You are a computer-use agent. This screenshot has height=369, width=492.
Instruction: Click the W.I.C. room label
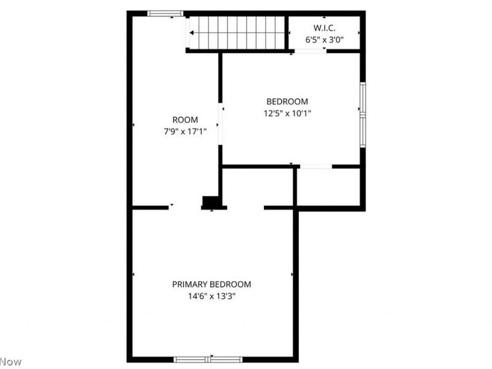tap(324, 28)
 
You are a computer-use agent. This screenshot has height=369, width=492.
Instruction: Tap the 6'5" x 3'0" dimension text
tap(324, 40)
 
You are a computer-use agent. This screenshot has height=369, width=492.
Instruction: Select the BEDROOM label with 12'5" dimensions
tap(287, 101)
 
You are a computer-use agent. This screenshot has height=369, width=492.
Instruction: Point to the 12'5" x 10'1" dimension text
tap(287, 113)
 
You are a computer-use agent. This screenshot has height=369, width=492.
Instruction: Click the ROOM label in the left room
tap(185, 120)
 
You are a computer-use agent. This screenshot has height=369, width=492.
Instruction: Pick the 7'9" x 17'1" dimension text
tap(185, 132)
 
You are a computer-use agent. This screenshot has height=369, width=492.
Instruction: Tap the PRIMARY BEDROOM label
tap(212, 284)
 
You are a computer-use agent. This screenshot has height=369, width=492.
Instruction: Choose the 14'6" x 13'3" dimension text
tap(212, 296)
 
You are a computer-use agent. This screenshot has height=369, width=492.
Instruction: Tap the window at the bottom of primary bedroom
tap(208, 359)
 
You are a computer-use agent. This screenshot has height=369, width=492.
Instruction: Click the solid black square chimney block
tap(211, 202)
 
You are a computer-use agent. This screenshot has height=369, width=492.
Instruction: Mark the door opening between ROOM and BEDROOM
tap(221, 125)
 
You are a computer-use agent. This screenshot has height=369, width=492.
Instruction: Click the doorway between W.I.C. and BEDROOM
tap(311, 51)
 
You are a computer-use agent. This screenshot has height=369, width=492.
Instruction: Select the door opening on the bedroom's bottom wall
tap(315, 166)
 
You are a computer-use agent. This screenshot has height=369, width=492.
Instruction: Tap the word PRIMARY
tap(189, 284)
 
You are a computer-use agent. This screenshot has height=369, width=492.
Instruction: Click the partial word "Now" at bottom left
tap(10, 362)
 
